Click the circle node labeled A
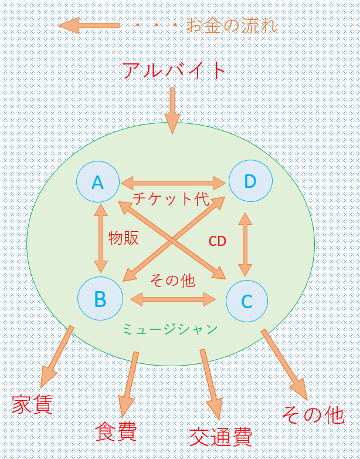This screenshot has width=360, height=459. click(x=98, y=183)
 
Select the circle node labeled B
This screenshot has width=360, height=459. click(x=100, y=299)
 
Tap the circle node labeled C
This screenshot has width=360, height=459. click(x=247, y=302)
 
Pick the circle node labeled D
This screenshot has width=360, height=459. click(x=250, y=181)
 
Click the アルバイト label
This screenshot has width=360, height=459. click(x=174, y=71)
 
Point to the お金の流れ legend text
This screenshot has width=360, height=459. click(x=232, y=26)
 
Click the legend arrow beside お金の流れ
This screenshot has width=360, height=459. click(x=89, y=25)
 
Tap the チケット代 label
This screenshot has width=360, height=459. click(x=171, y=199)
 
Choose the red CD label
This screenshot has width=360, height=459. click(x=218, y=241)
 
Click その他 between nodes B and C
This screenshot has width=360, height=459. click(x=172, y=281)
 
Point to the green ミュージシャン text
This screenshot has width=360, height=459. click(x=170, y=329)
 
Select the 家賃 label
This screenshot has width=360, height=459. click(x=32, y=404)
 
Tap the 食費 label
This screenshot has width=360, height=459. click(x=116, y=431)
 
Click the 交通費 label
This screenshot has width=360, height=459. click(x=220, y=437)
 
